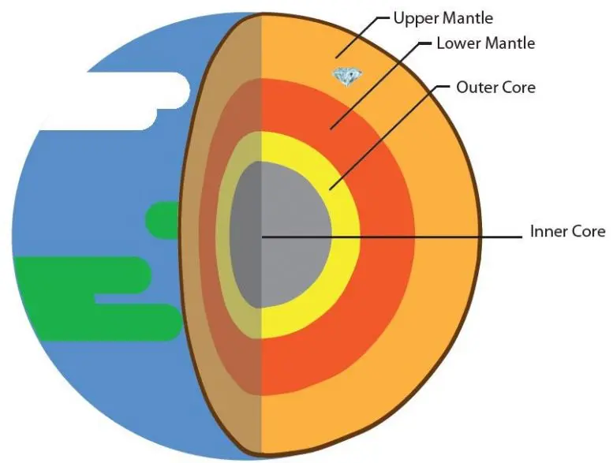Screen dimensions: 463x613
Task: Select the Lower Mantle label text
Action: (x=485, y=43)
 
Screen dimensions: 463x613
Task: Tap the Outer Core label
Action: (x=495, y=86)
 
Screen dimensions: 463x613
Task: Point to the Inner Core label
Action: (x=567, y=231)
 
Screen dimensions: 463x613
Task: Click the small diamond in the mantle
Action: (x=346, y=75)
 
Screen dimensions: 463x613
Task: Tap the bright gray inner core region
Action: (x=296, y=237)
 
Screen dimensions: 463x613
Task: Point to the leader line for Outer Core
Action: (x=387, y=134)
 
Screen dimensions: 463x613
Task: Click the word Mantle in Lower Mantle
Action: (x=508, y=43)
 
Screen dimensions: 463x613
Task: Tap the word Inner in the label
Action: (x=545, y=231)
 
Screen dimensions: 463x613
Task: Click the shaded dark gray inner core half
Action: (x=246, y=237)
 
